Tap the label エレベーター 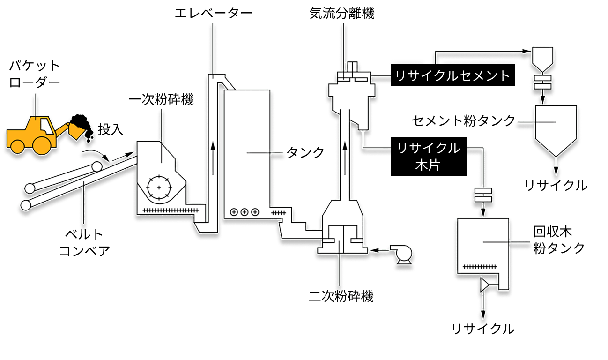click(213, 13)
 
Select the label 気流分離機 click(342, 13)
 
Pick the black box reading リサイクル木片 click(428, 157)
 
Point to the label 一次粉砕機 click(161, 100)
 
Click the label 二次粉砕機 click(341, 296)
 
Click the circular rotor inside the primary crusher click(159, 187)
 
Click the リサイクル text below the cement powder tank click(556, 186)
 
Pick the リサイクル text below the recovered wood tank click(483, 329)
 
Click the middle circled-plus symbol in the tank click(244, 212)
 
